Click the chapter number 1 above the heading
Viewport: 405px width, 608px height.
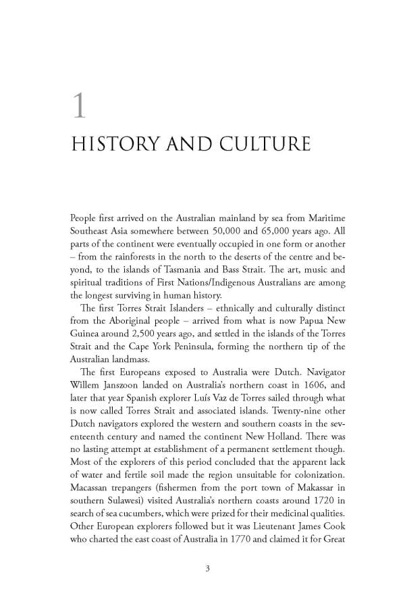click(x=80, y=106)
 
